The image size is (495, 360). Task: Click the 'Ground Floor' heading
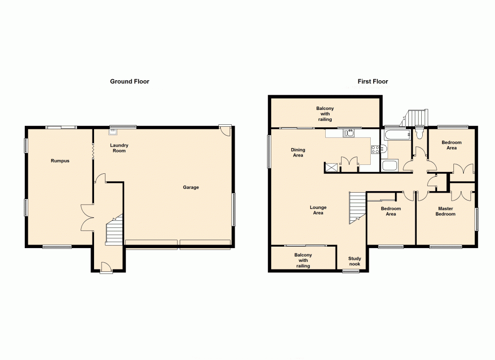(x=130, y=81)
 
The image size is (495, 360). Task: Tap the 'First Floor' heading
(x=373, y=81)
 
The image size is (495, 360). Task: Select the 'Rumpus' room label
(x=60, y=161)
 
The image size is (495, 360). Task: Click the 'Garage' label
(x=191, y=187)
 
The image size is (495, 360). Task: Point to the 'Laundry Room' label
(x=119, y=148)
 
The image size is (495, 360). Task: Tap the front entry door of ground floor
(x=105, y=268)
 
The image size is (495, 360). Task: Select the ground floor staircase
(x=114, y=231)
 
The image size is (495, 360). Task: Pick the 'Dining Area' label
(x=297, y=153)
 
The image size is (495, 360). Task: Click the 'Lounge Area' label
(x=318, y=210)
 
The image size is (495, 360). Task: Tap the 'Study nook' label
(x=354, y=261)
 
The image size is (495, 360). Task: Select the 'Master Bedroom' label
(x=445, y=211)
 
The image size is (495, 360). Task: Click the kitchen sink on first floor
(x=351, y=133)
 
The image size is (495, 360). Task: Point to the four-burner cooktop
(x=375, y=149)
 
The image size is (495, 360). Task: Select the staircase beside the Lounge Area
(x=356, y=208)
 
